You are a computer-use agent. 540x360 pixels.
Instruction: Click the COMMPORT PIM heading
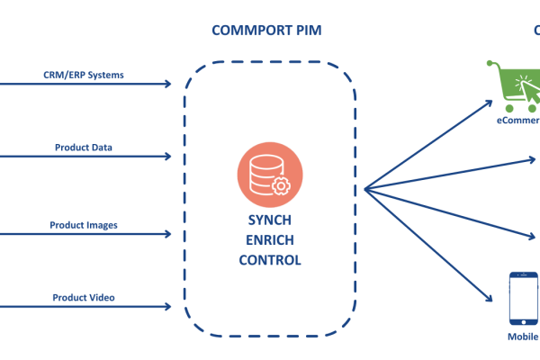coord(266,31)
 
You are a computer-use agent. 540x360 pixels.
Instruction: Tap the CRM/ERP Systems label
coord(84,75)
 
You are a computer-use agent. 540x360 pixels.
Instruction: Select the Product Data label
coord(84,147)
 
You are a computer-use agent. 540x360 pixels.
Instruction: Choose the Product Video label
coord(84,298)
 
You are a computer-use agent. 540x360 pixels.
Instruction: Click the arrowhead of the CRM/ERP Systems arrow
coord(166,85)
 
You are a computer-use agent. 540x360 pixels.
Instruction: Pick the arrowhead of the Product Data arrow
coord(166,157)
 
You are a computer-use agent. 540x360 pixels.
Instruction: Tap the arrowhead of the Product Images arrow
coord(166,235)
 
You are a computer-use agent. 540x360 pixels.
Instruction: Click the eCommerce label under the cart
coord(518,119)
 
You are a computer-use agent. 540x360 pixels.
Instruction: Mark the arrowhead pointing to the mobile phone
coord(493,298)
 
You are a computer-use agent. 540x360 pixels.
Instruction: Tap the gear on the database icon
coord(280,184)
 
